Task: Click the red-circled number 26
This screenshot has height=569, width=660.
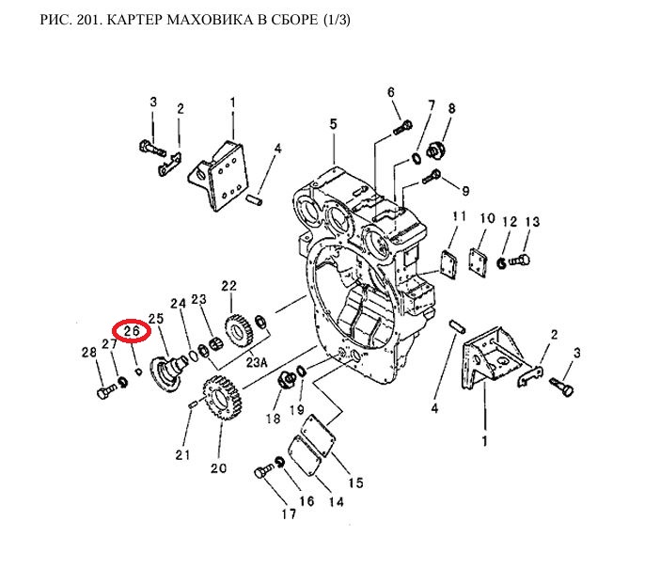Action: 132,331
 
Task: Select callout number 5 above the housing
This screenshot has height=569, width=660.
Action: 332,124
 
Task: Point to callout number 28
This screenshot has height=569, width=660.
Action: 89,352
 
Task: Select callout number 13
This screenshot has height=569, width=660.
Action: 532,222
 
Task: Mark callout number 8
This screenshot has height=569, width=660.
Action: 451,109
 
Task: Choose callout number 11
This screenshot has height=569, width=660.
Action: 459,218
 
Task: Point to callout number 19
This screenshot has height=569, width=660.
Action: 298,410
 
